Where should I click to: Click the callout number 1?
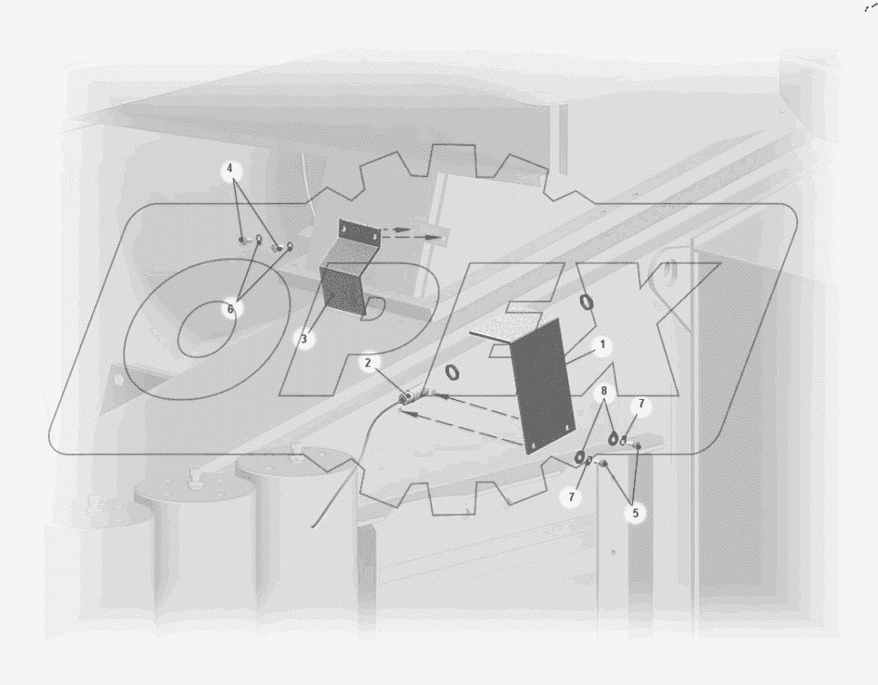point(603,344)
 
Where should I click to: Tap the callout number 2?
point(368,363)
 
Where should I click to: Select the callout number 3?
point(304,339)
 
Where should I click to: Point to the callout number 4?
point(230,169)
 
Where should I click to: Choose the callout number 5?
point(636,513)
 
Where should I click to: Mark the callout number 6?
point(230,309)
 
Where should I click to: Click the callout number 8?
point(604,391)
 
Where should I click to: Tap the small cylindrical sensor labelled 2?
point(407,398)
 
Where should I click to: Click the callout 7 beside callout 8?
point(642,404)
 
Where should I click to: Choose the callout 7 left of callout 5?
point(571,496)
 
